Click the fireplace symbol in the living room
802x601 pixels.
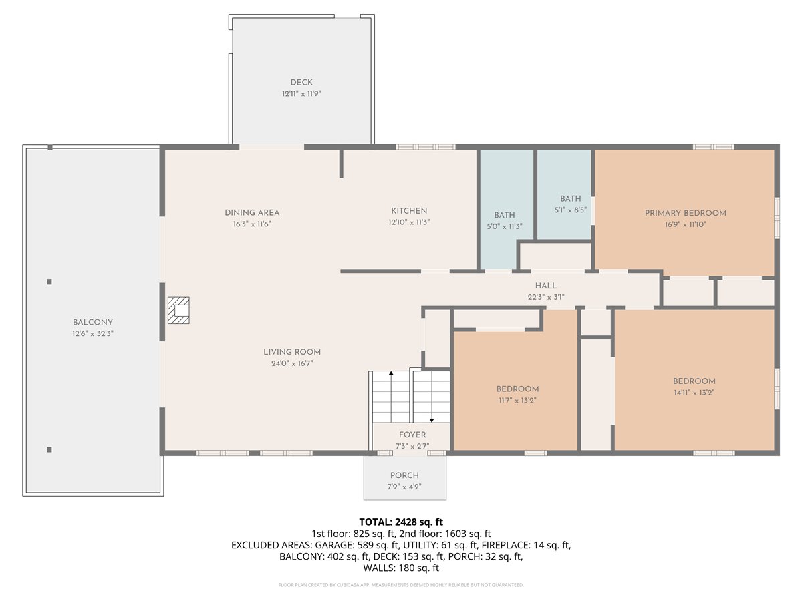(178, 310)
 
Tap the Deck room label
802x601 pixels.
(301, 82)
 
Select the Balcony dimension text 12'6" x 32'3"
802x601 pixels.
(93, 333)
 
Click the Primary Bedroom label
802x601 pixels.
(686, 213)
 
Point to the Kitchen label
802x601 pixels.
(409, 211)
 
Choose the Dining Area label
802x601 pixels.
(252, 213)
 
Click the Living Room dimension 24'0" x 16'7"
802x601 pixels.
(292, 363)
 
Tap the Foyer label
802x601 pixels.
(412, 435)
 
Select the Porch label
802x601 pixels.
(404, 475)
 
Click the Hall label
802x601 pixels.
(546, 286)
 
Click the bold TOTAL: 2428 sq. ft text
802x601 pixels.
(401, 522)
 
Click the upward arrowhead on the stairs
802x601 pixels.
(391, 373)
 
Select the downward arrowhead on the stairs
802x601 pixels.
(432, 421)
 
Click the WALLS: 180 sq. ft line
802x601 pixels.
(401, 568)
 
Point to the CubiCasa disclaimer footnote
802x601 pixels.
(401, 585)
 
